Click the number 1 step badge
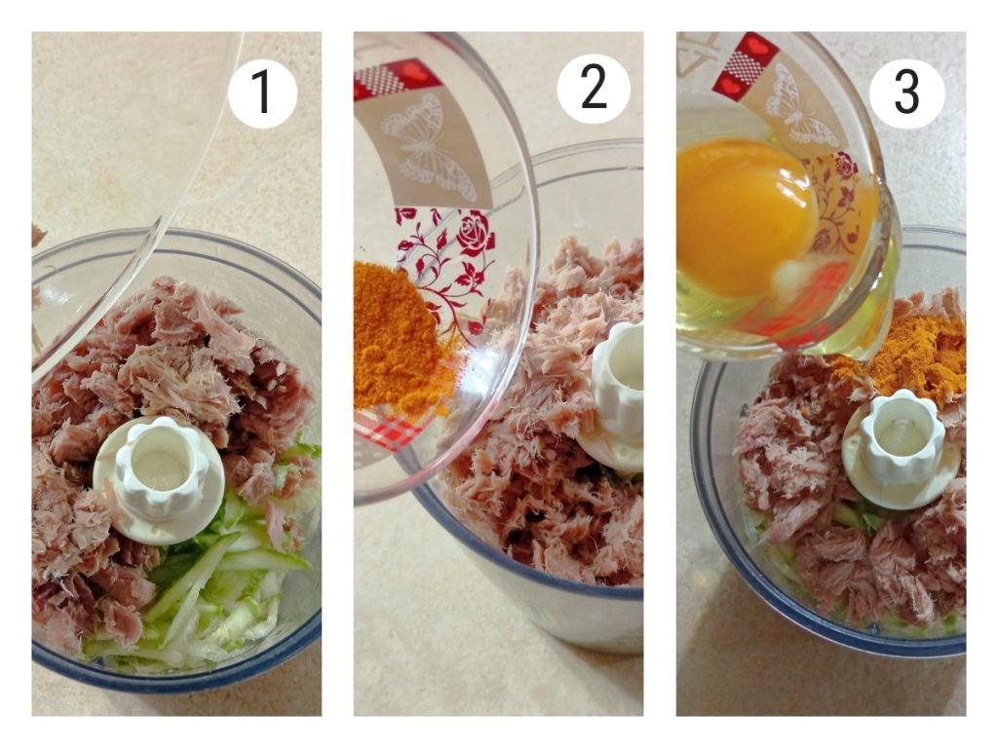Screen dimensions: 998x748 pyautogui.click(x=262, y=93)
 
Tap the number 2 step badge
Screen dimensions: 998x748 pyautogui.click(x=594, y=89)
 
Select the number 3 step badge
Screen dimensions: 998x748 pyautogui.click(x=906, y=93)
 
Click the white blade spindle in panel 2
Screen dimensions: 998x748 pyautogui.click(x=614, y=394)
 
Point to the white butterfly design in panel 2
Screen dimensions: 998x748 pyautogui.click(x=428, y=148)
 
